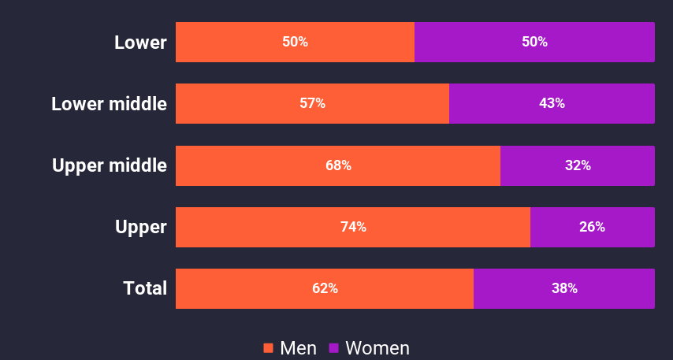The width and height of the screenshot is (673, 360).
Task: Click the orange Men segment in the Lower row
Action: point(236,42)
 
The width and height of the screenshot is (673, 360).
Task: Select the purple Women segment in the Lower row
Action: point(599,42)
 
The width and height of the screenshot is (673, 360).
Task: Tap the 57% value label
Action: point(312,103)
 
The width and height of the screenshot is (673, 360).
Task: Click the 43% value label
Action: point(552,103)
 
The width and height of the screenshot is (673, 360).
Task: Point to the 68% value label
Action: point(338,165)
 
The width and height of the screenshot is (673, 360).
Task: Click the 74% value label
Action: point(353,227)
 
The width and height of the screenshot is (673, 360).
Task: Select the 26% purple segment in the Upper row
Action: point(592,227)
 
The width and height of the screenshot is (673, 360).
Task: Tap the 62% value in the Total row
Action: point(325,288)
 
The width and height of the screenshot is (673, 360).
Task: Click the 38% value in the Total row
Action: point(564,288)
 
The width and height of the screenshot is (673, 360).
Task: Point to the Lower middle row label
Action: point(109,103)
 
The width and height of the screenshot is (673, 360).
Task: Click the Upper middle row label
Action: point(109,165)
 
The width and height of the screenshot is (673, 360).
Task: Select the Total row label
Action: point(145,288)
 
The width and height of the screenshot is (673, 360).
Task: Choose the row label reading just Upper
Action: point(141,227)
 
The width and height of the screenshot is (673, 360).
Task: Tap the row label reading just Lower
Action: point(140,42)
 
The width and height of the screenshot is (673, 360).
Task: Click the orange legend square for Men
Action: point(268,348)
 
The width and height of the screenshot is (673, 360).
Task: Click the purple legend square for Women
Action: point(333,348)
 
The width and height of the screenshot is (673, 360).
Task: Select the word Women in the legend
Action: point(377,348)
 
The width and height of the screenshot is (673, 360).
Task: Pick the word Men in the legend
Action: point(299,348)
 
